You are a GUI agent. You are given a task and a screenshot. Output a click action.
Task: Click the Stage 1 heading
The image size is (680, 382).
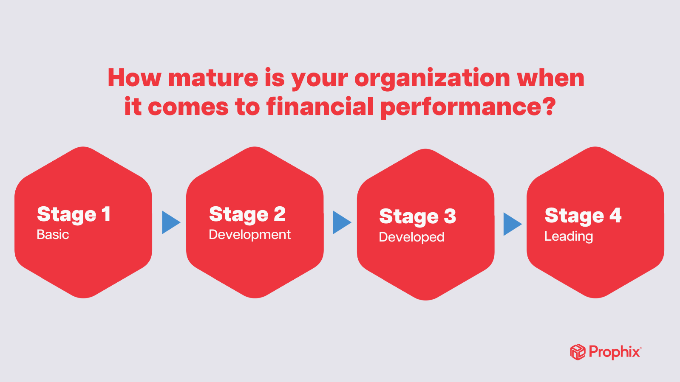[74, 214]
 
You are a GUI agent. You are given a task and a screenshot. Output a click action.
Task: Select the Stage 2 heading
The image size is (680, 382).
[247, 214]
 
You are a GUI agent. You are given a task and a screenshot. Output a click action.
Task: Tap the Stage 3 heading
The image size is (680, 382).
[418, 216]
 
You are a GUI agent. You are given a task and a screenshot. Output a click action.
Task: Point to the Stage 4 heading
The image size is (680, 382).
[583, 216]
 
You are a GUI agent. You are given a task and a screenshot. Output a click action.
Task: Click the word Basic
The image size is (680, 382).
[53, 235]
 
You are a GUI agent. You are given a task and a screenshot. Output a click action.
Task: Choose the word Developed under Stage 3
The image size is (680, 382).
[412, 237]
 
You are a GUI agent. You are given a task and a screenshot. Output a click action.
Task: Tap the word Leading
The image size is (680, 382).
[569, 236]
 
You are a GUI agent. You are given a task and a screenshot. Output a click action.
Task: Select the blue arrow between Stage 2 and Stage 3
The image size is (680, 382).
[342, 222]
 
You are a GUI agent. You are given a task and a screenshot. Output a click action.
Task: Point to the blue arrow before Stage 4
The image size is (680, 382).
[513, 224]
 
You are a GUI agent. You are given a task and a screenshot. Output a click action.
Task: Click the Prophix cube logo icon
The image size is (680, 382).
[578, 352]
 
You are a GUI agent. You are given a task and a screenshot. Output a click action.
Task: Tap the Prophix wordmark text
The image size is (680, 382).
[615, 352]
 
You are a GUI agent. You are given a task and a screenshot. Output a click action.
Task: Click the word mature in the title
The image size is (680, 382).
[213, 78]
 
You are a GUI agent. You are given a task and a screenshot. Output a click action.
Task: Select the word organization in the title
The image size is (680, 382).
[432, 79]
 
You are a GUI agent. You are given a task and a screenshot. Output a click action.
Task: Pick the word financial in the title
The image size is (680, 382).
[320, 106]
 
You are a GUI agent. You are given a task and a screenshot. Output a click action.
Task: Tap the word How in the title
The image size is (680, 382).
[134, 78]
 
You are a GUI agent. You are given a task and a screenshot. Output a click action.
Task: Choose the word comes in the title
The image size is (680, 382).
[188, 107]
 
